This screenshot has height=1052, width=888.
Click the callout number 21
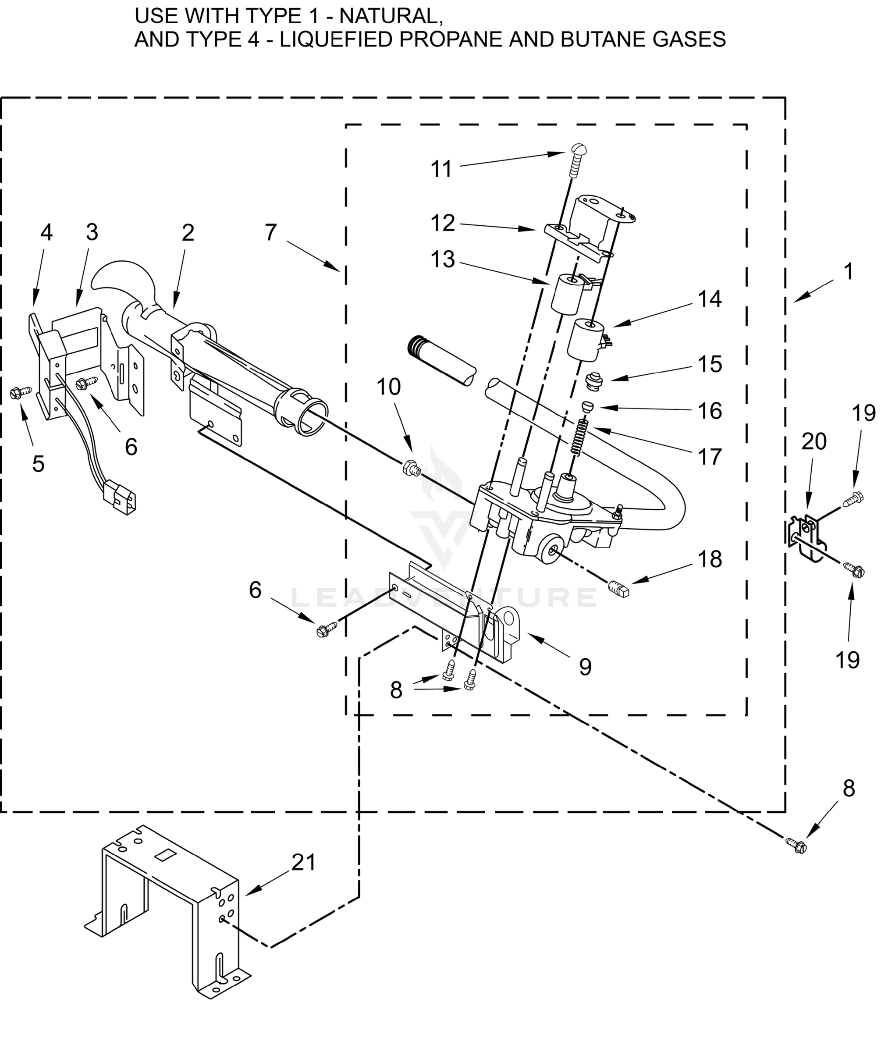(x=304, y=863)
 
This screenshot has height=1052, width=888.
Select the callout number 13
(x=443, y=260)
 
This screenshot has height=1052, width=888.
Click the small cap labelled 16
(x=587, y=406)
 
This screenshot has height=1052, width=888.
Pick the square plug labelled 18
(x=619, y=588)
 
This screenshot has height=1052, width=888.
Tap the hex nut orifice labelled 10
(x=410, y=468)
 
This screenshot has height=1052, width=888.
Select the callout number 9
(x=585, y=667)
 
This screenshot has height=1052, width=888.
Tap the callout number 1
(x=849, y=272)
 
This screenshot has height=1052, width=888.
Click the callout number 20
(x=814, y=442)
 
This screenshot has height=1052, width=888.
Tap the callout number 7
(x=271, y=233)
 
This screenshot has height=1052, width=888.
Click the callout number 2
(x=188, y=233)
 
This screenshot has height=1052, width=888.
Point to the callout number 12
(x=443, y=223)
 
